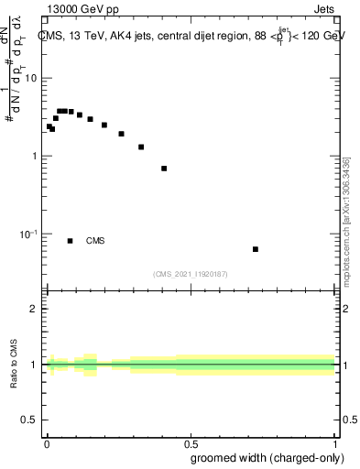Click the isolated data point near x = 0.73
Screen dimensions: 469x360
pyautogui.click(x=256, y=249)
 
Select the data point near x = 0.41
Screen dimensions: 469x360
pyautogui.click(x=164, y=169)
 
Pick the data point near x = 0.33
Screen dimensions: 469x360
pyautogui.click(x=141, y=147)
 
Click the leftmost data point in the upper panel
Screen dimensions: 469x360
pyautogui.click(x=49, y=126)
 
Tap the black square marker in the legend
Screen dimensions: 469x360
pyautogui.click(x=70, y=241)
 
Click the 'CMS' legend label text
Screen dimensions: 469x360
pyautogui.click(x=95, y=241)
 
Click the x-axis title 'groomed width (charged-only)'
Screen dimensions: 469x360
pyautogui.click(x=262, y=457)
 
